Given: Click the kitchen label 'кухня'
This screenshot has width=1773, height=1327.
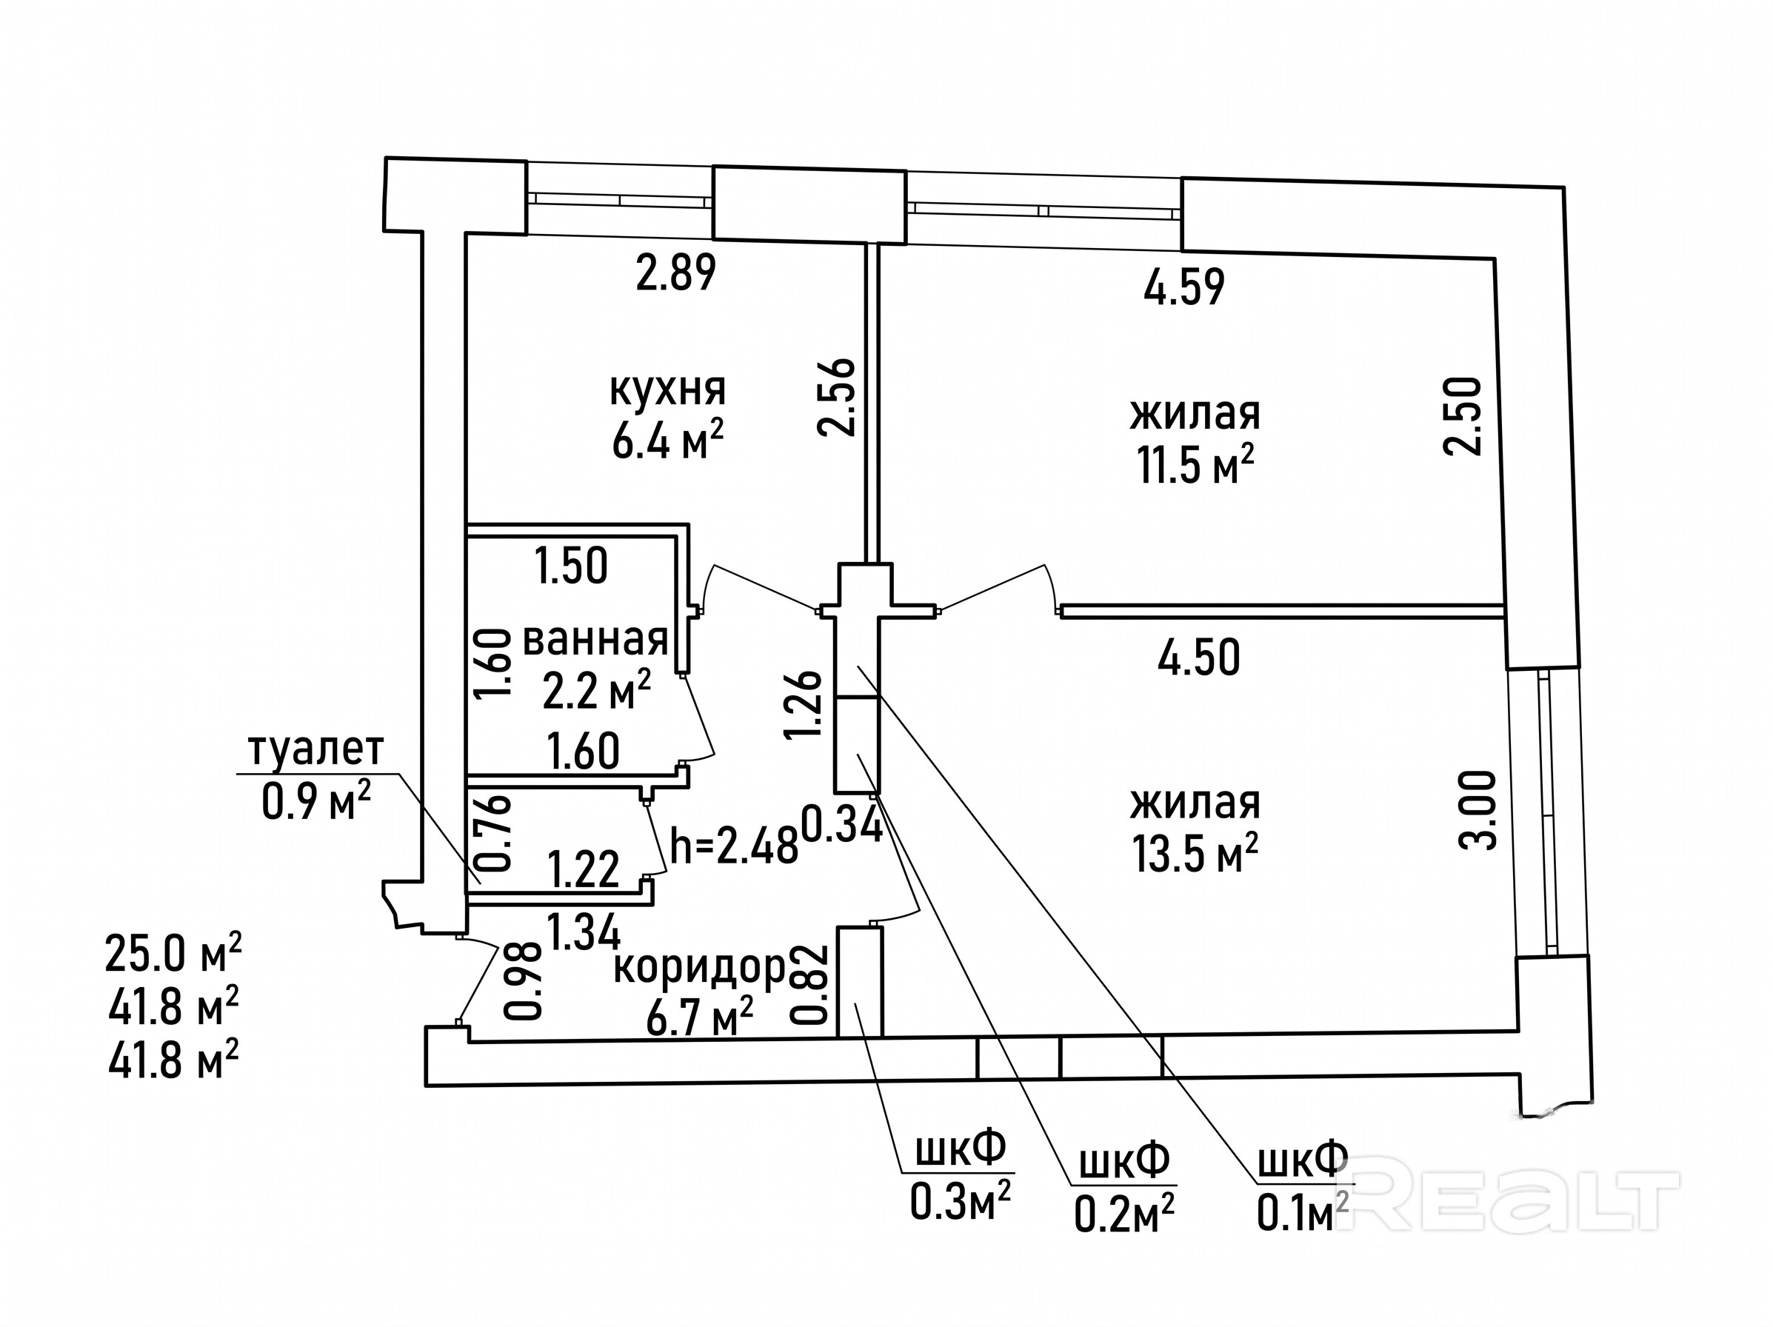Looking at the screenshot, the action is tap(668, 390).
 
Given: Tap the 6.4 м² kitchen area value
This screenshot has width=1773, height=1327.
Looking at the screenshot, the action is tap(668, 441).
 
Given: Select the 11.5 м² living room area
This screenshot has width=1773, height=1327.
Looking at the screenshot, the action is tap(1195, 465).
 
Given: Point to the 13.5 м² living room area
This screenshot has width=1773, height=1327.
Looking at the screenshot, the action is tap(1195, 852).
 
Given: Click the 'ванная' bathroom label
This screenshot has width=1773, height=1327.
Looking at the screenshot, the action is tap(595, 640).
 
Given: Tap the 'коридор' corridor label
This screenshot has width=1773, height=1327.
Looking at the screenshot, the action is tap(700, 968).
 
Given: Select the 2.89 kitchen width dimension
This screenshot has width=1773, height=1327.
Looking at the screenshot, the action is tap(675, 273).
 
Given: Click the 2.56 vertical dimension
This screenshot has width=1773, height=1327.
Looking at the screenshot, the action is tap(837, 397).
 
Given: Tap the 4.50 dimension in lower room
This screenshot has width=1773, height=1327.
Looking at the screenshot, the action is tap(1199, 657).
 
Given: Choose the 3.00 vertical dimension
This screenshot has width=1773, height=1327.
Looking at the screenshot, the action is tap(1477, 810).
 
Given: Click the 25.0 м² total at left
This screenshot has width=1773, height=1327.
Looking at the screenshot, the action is tap(173, 953).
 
